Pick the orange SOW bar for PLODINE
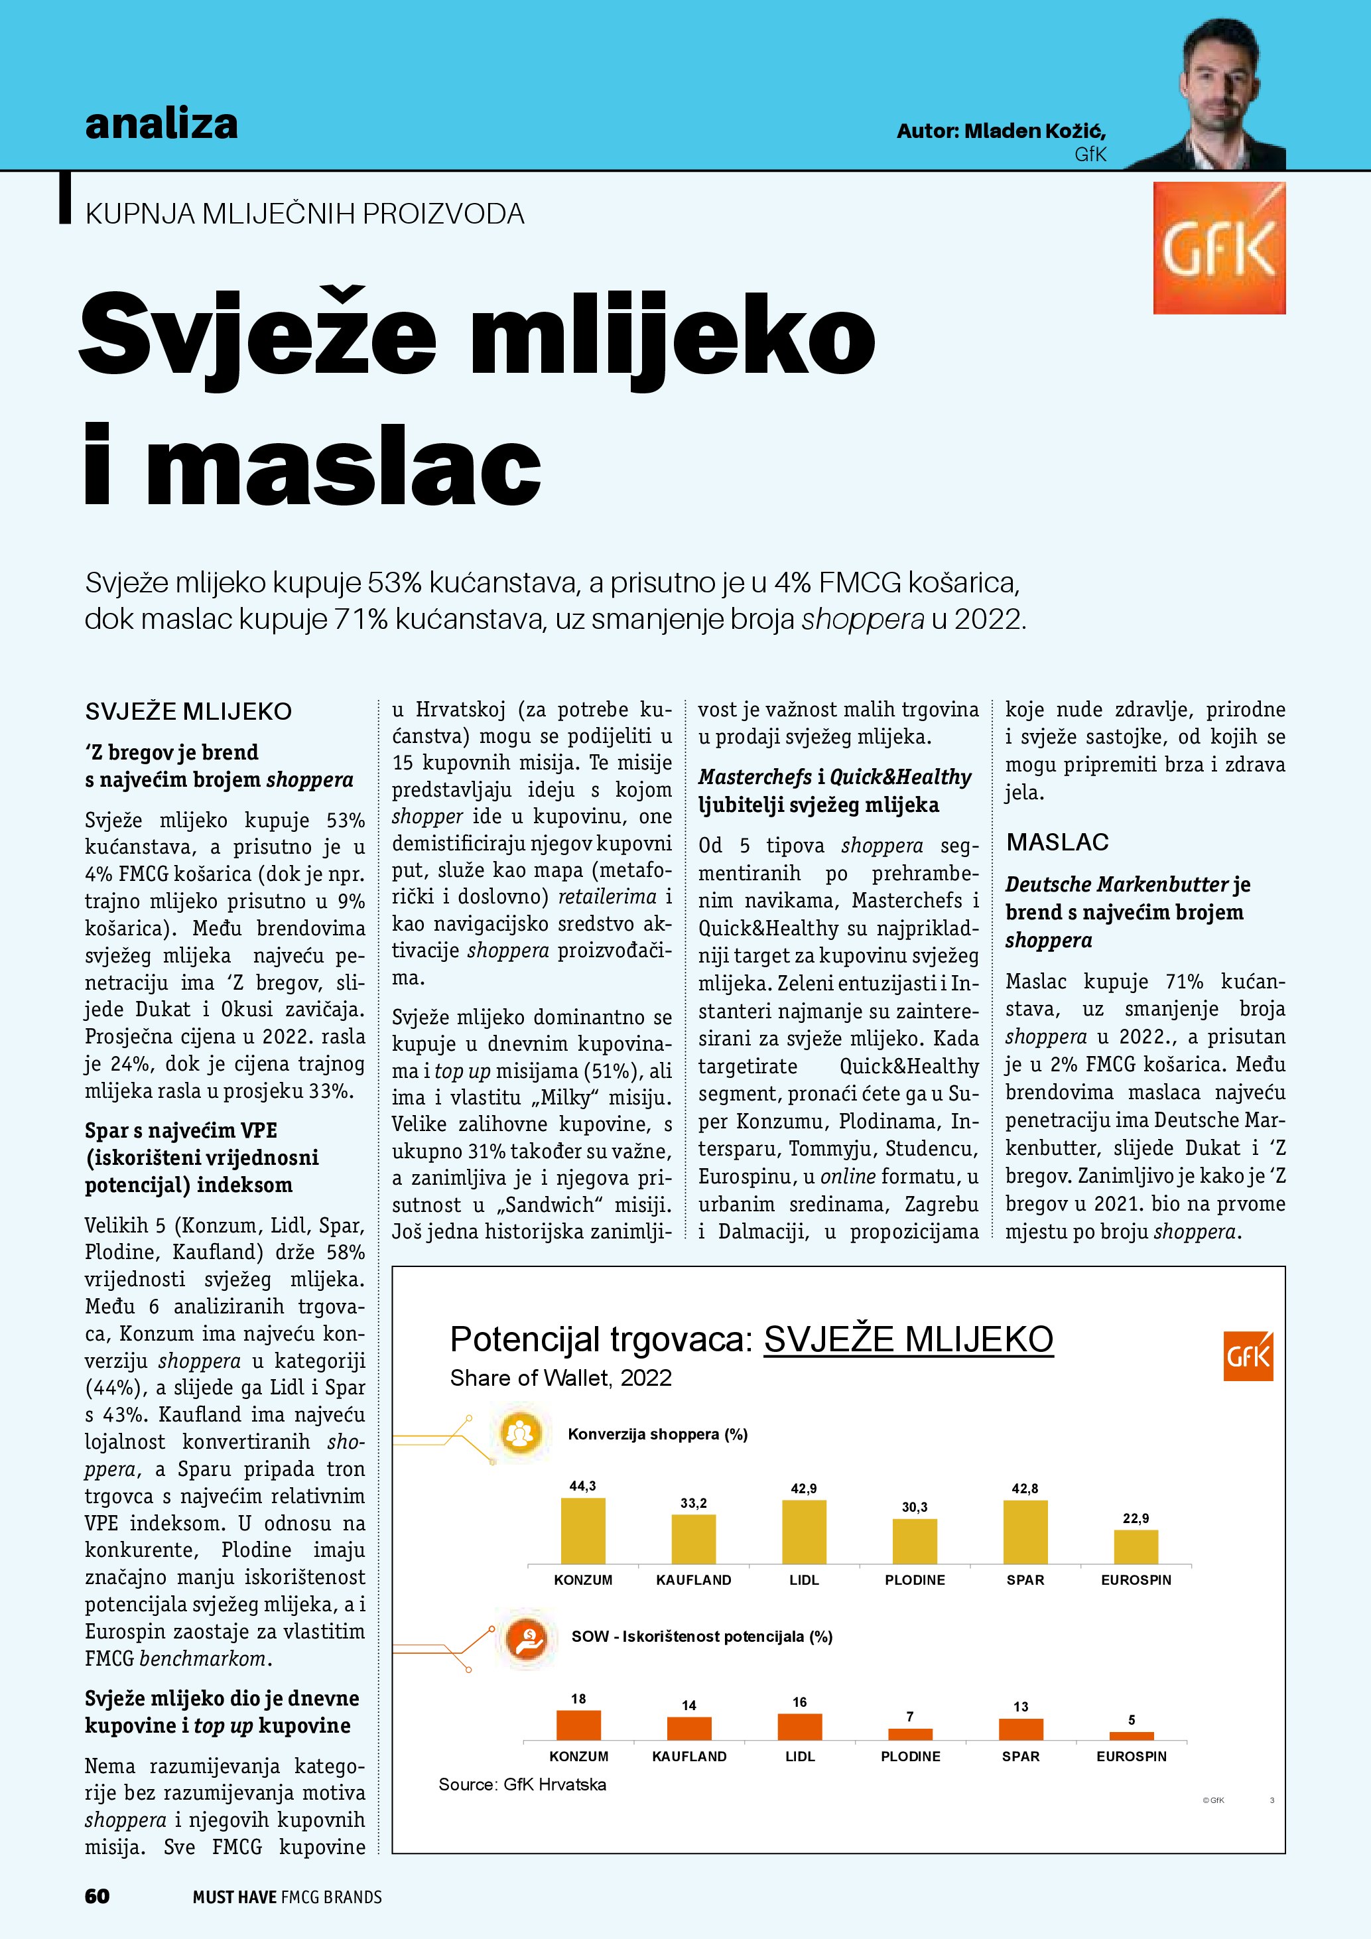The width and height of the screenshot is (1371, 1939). (x=910, y=1734)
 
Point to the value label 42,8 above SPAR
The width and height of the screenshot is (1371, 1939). (x=1025, y=1488)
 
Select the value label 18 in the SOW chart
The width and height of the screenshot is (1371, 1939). (x=578, y=1698)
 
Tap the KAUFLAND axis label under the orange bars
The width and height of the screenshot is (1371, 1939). (x=689, y=1756)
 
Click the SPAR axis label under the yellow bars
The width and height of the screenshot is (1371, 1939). (x=1025, y=1579)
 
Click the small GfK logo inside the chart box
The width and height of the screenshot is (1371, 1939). (x=1247, y=1357)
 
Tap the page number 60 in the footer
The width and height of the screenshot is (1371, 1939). (x=97, y=1896)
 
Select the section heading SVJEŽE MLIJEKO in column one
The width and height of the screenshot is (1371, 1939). (x=188, y=711)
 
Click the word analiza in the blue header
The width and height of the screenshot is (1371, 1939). (x=161, y=124)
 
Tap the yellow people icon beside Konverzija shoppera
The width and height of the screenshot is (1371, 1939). (x=520, y=1433)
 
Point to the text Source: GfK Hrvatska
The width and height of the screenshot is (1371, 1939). (x=522, y=1784)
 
